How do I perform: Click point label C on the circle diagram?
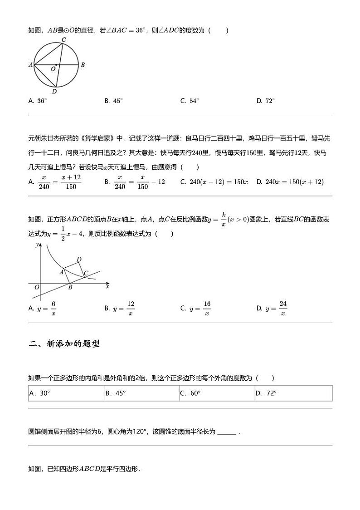64,40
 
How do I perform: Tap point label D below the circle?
54,91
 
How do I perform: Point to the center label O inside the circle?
53,69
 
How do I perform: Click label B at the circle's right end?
83,65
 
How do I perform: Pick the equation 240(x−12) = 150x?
214,182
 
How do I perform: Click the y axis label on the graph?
36,245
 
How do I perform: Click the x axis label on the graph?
107,286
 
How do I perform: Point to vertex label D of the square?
79,259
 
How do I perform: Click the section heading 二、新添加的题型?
64,343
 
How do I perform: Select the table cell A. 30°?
66,393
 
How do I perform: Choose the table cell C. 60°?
217,393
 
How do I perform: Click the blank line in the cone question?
226,432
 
